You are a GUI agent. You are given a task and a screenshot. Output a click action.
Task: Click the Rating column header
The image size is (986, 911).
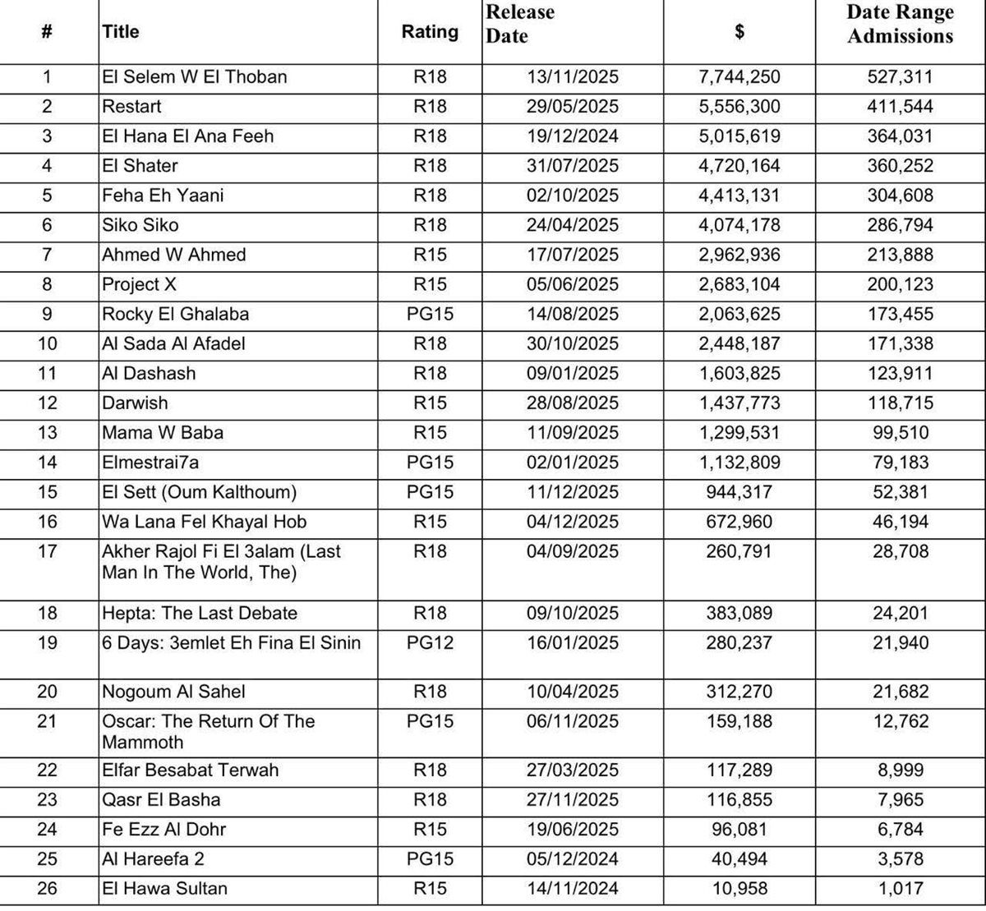(430, 32)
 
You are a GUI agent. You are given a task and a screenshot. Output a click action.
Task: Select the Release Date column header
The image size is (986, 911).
(520, 24)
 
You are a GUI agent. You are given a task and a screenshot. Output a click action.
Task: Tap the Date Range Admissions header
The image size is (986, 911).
(901, 24)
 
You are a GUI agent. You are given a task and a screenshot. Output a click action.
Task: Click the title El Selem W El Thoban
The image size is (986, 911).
(195, 77)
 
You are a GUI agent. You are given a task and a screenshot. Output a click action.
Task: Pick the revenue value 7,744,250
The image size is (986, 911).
(739, 77)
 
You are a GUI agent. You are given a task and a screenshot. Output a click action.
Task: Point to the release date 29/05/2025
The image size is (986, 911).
(573, 107)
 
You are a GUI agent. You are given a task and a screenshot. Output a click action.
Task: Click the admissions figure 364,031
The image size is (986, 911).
(901, 136)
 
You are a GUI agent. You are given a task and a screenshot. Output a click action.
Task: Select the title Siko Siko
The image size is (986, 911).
(141, 225)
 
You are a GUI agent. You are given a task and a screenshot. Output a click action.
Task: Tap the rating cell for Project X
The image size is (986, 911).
(430, 284)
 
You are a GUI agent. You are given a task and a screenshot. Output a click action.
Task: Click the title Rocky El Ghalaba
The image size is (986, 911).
(175, 314)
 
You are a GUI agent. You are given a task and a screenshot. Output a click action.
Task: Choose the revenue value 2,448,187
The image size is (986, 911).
(739, 343)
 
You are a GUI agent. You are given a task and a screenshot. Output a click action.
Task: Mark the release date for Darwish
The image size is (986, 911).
(573, 403)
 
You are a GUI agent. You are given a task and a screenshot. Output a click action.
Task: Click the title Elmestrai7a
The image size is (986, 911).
(150, 462)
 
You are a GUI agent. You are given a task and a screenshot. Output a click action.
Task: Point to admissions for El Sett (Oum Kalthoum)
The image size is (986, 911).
(901, 492)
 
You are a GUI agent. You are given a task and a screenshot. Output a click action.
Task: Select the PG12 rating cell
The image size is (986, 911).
(430, 642)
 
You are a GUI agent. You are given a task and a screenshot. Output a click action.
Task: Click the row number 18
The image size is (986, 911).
(48, 613)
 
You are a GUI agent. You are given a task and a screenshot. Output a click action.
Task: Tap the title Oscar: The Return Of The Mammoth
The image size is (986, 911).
(208, 731)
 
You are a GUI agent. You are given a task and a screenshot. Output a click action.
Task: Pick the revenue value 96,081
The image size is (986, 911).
(739, 829)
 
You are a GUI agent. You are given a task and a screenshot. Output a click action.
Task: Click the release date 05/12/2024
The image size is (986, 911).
(573, 858)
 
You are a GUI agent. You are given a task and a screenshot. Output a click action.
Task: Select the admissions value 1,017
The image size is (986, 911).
(901, 888)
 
